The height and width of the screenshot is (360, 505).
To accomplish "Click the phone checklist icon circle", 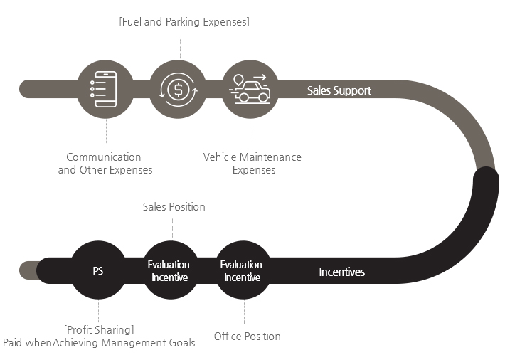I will (105, 89).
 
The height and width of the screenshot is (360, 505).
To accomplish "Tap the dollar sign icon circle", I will (179, 89).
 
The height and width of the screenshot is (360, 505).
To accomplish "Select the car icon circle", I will (250, 89).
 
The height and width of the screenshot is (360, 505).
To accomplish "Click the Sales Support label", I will (339, 91).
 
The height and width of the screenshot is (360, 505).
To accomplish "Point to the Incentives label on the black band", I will (341, 272).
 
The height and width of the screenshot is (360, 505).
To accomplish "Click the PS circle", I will (98, 271).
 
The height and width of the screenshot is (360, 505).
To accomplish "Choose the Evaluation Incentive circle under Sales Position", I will (170, 271).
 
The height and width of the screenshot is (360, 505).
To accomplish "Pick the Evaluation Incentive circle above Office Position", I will (243, 271).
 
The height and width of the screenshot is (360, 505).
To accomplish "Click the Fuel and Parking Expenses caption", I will (184, 22).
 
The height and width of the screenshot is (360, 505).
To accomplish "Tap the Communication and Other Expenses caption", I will (105, 164).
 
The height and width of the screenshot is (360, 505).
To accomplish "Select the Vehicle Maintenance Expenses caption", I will (253, 164).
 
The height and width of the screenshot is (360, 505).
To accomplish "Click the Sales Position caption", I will (174, 207).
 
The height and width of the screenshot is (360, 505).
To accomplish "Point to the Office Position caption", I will (248, 336).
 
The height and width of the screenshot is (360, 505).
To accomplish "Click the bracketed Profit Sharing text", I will (99, 329).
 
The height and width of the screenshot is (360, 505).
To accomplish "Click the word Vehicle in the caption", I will (220, 157).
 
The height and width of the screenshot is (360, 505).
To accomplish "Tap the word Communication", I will (104, 157).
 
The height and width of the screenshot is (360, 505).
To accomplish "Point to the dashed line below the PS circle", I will (98, 310).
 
